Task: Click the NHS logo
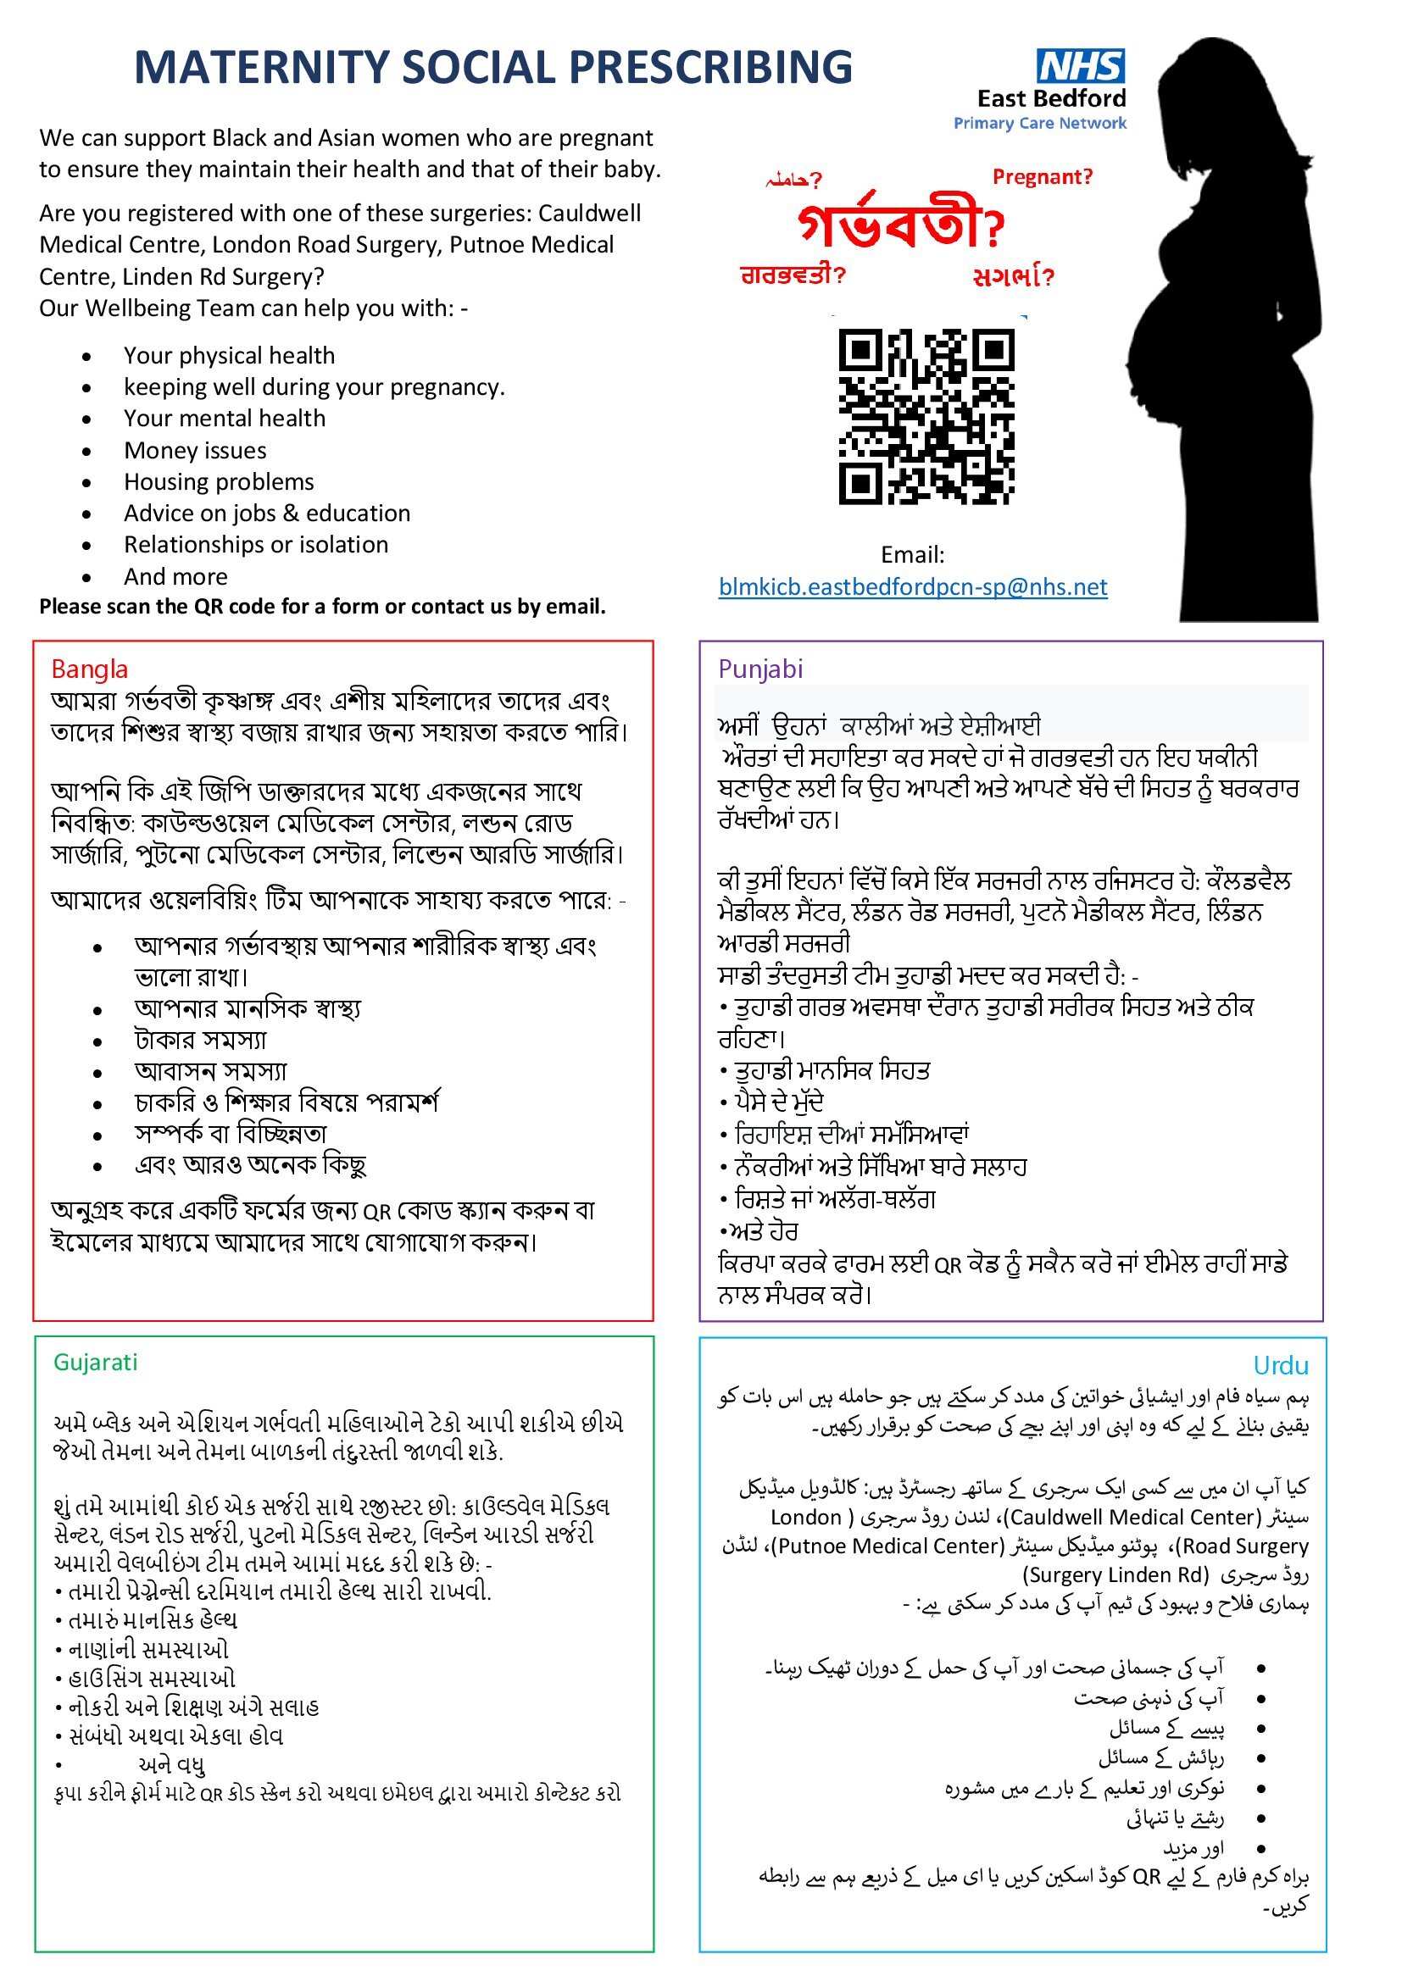point(1080,66)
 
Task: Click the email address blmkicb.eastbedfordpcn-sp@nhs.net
point(913,587)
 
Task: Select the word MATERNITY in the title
point(260,67)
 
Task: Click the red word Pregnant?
point(1042,177)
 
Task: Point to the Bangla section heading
point(90,669)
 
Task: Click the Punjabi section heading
point(759,669)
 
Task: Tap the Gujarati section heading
point(95,1363)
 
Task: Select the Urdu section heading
point(1280,1366)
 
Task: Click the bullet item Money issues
point(195,451)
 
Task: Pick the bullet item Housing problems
point(219,481)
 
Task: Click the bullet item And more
point(175,577)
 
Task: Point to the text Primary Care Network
point(1039,124)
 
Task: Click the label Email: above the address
point(913,555)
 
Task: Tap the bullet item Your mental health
point(225,419)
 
